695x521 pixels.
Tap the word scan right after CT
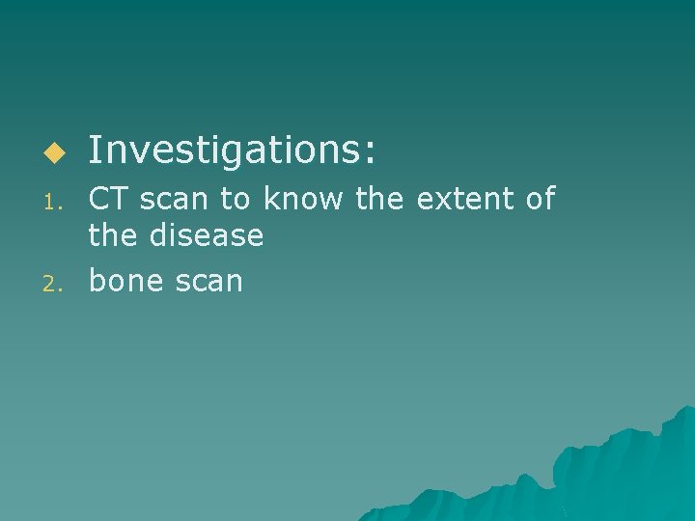click(x=173, y=201)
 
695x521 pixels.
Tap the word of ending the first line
click(x=539, y=200)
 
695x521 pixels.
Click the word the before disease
click(x=112, y=234)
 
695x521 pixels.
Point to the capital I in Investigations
click(x=94, y=151)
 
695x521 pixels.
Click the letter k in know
click(x=271, y=200)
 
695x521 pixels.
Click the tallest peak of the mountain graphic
click(x=687, y=409)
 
